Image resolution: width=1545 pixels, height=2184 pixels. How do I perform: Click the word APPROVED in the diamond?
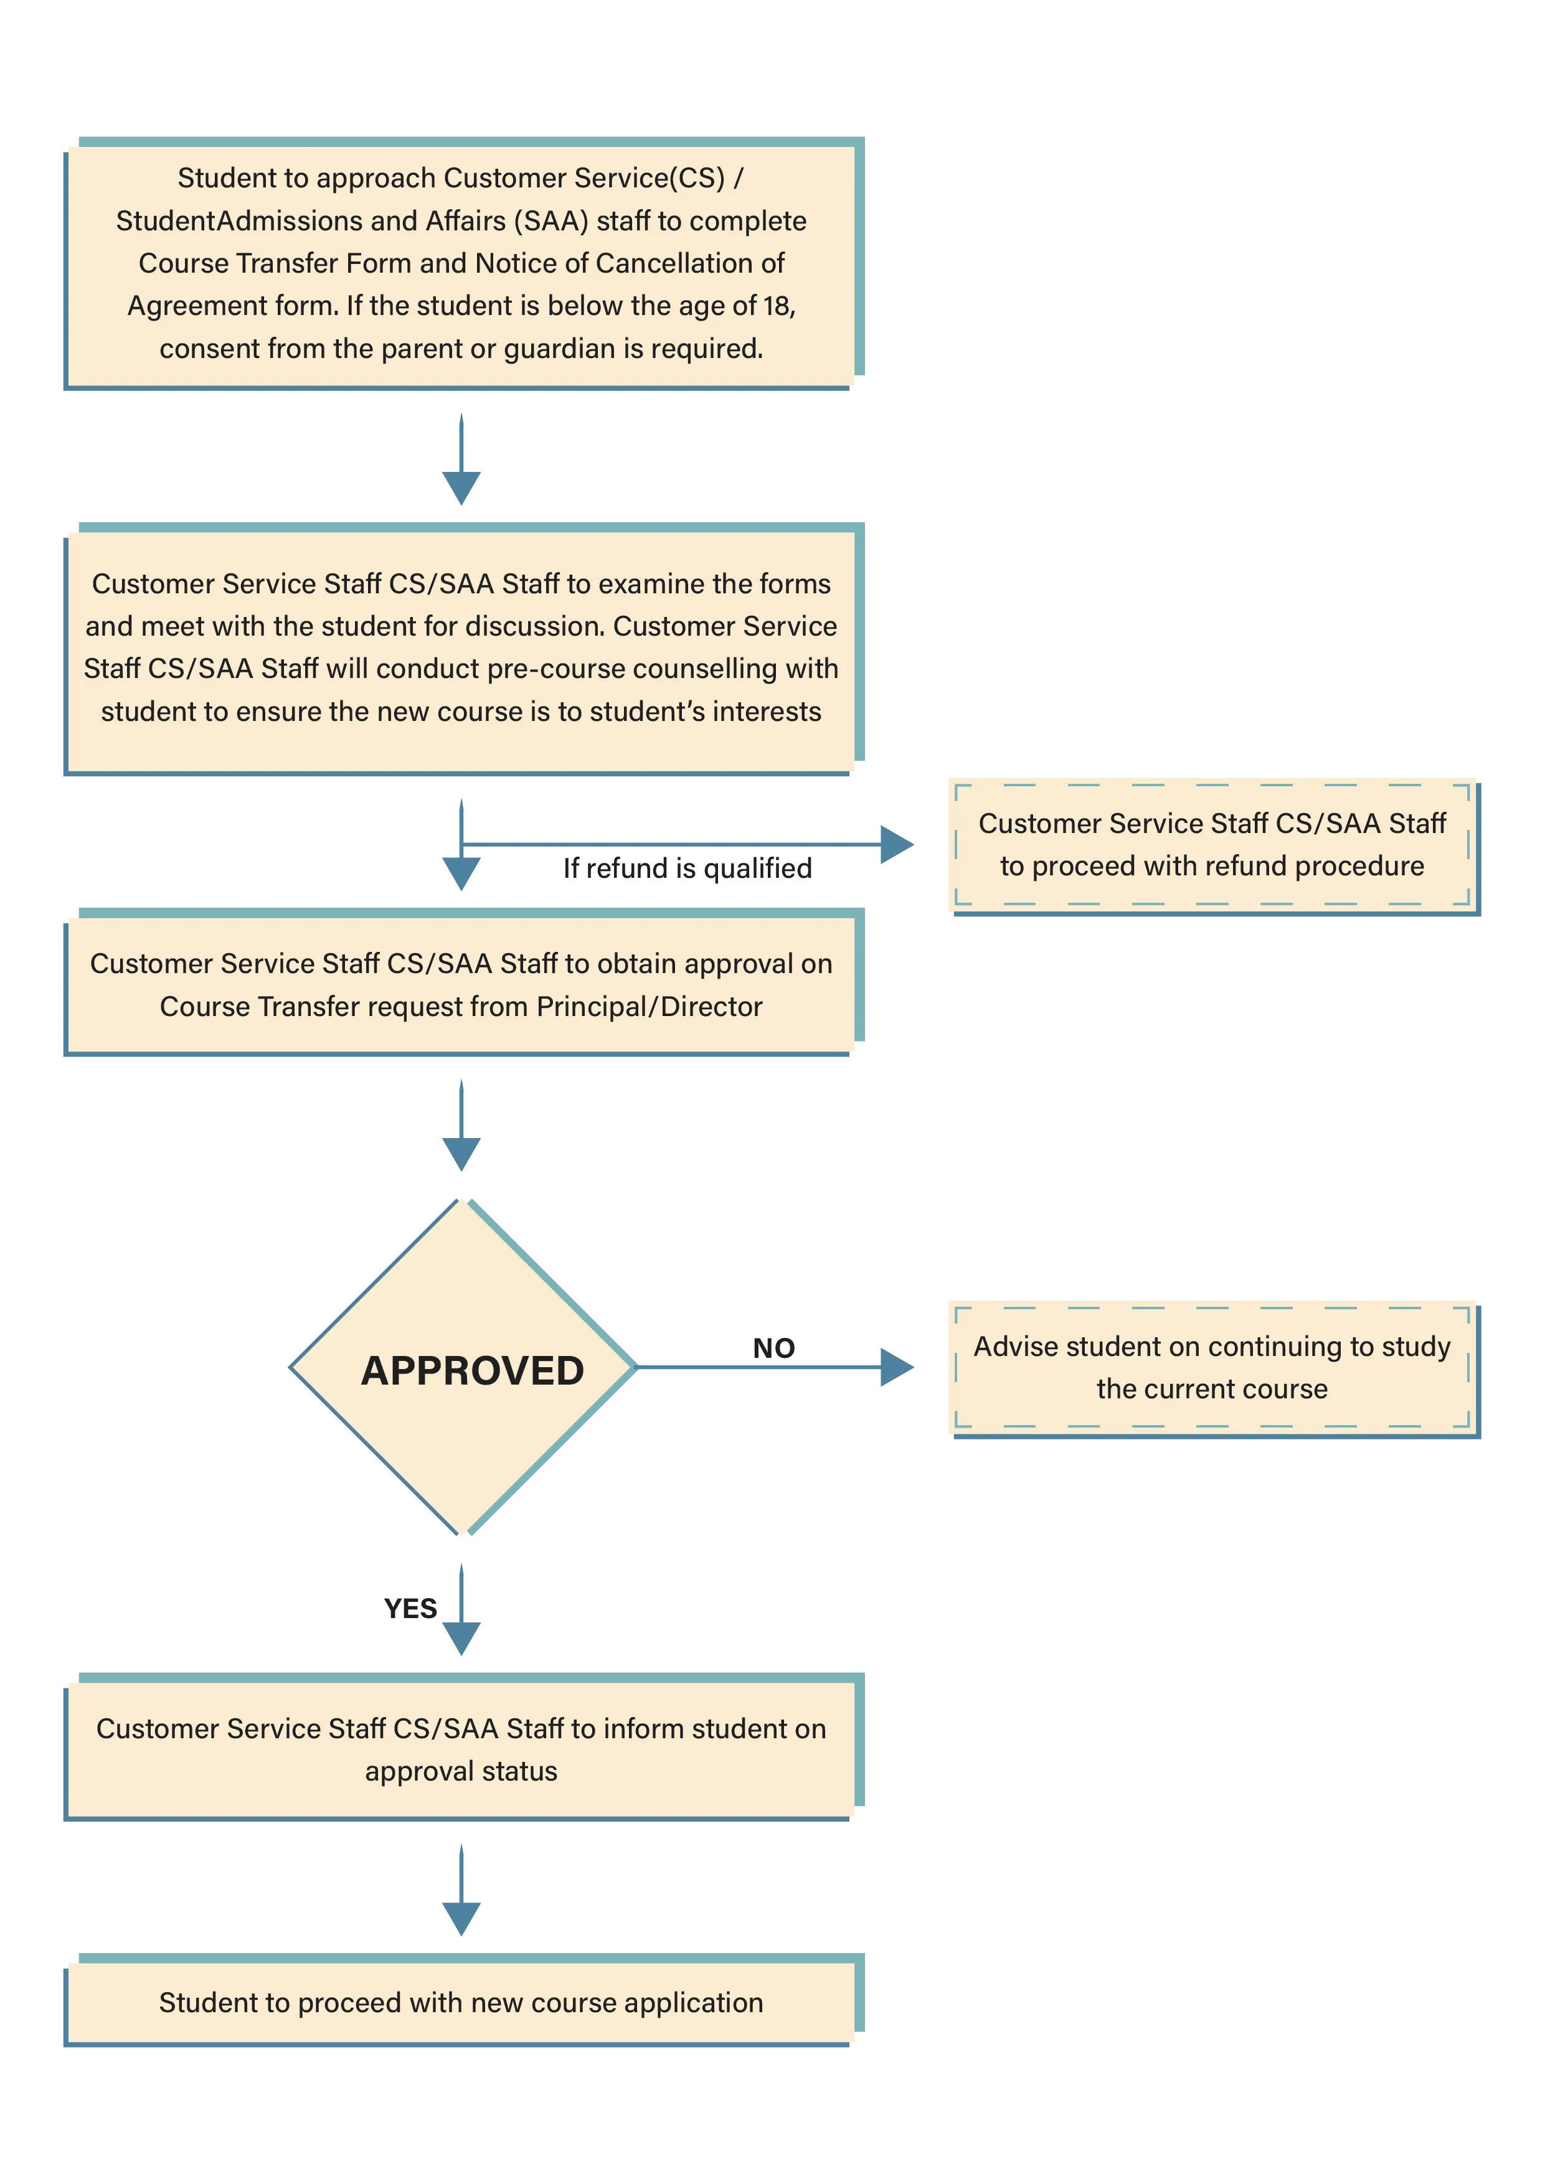pyautogui.click(x=473, y=1371)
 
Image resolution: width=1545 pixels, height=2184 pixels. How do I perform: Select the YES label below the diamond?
pyautogui.click(x=410, y=1609)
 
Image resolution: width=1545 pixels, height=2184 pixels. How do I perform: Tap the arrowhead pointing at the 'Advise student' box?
pyautogui.click(x=896, y=1367)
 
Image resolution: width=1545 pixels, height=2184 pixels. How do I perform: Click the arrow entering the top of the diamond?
pyautogui.click(x=461, y=1124)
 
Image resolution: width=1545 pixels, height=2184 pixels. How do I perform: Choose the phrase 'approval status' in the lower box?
pyautogui.click(x=461, y=1771)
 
